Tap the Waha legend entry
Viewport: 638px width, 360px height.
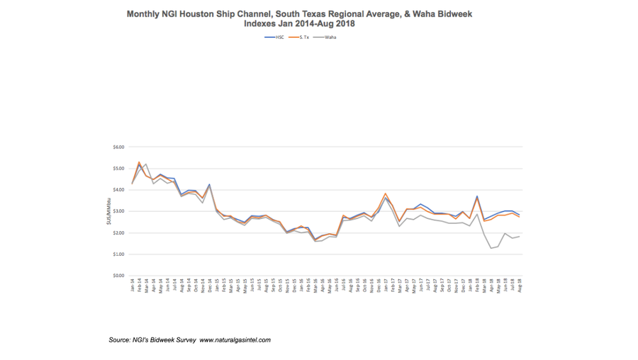(x=328, y=37)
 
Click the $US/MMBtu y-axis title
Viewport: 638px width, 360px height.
(x=108, y=211)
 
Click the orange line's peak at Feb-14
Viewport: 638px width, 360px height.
(x=140, y=162)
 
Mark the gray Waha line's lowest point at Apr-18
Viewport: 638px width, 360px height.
(x=491, y=248)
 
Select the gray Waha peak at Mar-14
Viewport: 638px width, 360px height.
(x=146, y=164)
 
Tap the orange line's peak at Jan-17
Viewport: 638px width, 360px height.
(x=385, y=193)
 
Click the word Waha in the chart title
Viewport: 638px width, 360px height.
(x=430, y=13)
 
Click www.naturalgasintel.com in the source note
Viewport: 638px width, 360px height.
(x=235, y=340)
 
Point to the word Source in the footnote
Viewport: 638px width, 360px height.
(x=120, y=340)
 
